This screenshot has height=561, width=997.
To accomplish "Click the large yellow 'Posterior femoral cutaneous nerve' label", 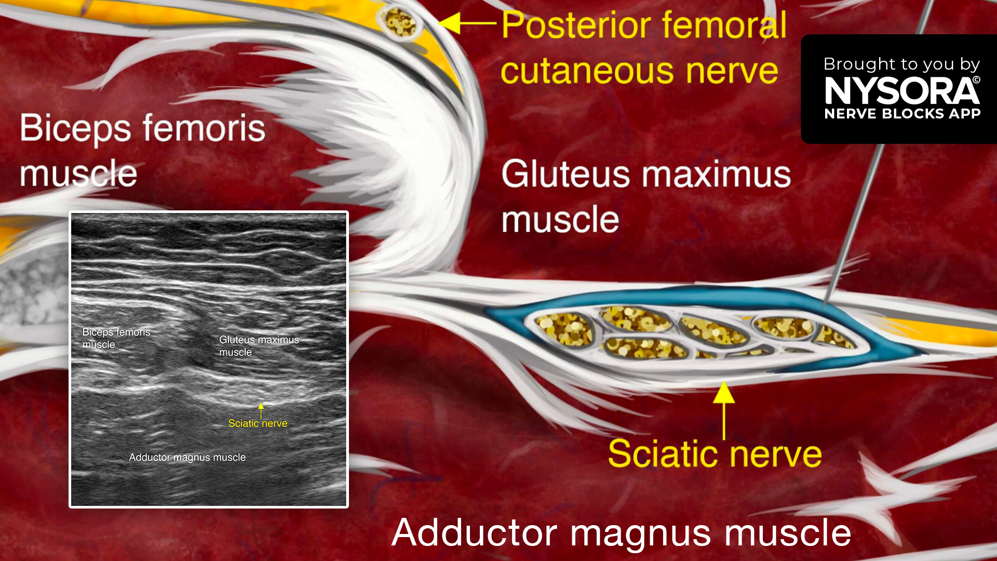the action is pyautogui.click(x=644, y=48).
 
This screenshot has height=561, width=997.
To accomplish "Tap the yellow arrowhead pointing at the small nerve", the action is pyautogui.click(x=450, y=23).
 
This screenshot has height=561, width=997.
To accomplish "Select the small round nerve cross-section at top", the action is pyautogui.click(x=400, y=22).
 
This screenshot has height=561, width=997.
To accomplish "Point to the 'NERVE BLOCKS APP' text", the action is pyautogui.click(x=902, y=114).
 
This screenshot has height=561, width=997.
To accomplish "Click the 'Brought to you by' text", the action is pyautogui.click(x=902, y=64).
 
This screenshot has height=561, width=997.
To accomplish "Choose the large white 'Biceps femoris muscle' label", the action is pyautogui.click(x=142, y=151).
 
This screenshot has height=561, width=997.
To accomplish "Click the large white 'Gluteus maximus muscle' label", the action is pyautogui.click(x=646, y=196).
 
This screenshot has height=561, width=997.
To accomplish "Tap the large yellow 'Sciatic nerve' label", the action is pyautogui.click(x=715, y=454).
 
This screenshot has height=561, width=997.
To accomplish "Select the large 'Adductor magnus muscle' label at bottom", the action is pyautogui.click(x=622, y=533).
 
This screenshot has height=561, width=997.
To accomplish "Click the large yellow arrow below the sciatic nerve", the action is pyautogui.click(x=724, y=410).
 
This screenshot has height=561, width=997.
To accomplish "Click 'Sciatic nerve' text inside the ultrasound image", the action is pyautogui.click(x=258, y=423).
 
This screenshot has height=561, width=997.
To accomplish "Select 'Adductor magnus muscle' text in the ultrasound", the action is pyautogui.click(x=187, y=458).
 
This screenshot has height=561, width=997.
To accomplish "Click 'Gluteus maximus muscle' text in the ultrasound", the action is pyautogui.click(x=259, y=346).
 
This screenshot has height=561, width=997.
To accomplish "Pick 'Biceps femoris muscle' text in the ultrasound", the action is pyautogui.click(x=116, y=338).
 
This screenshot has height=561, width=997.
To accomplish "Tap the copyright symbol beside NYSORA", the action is pyautogui.click(x=976, y=80).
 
